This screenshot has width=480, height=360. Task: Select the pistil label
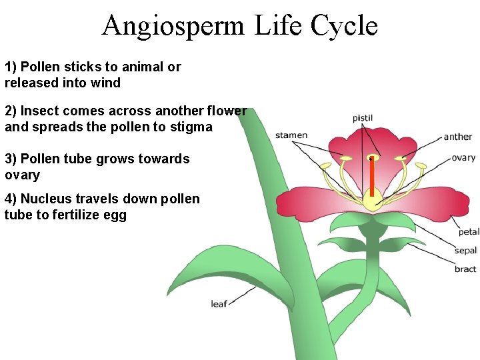pos(363,118)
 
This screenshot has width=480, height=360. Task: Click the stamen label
pos(291,135)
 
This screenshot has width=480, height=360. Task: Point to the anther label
pos(458,137)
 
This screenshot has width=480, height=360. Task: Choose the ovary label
pos(463,158)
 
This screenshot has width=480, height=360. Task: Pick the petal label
pos(469,232)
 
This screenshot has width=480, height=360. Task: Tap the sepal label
pos(466,251)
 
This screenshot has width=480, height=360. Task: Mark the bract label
pos(465,269)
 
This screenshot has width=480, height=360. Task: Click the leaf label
pos(219,304)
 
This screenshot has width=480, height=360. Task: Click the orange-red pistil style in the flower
pos(371,176)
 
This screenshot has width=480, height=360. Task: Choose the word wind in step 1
pos(107,83)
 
